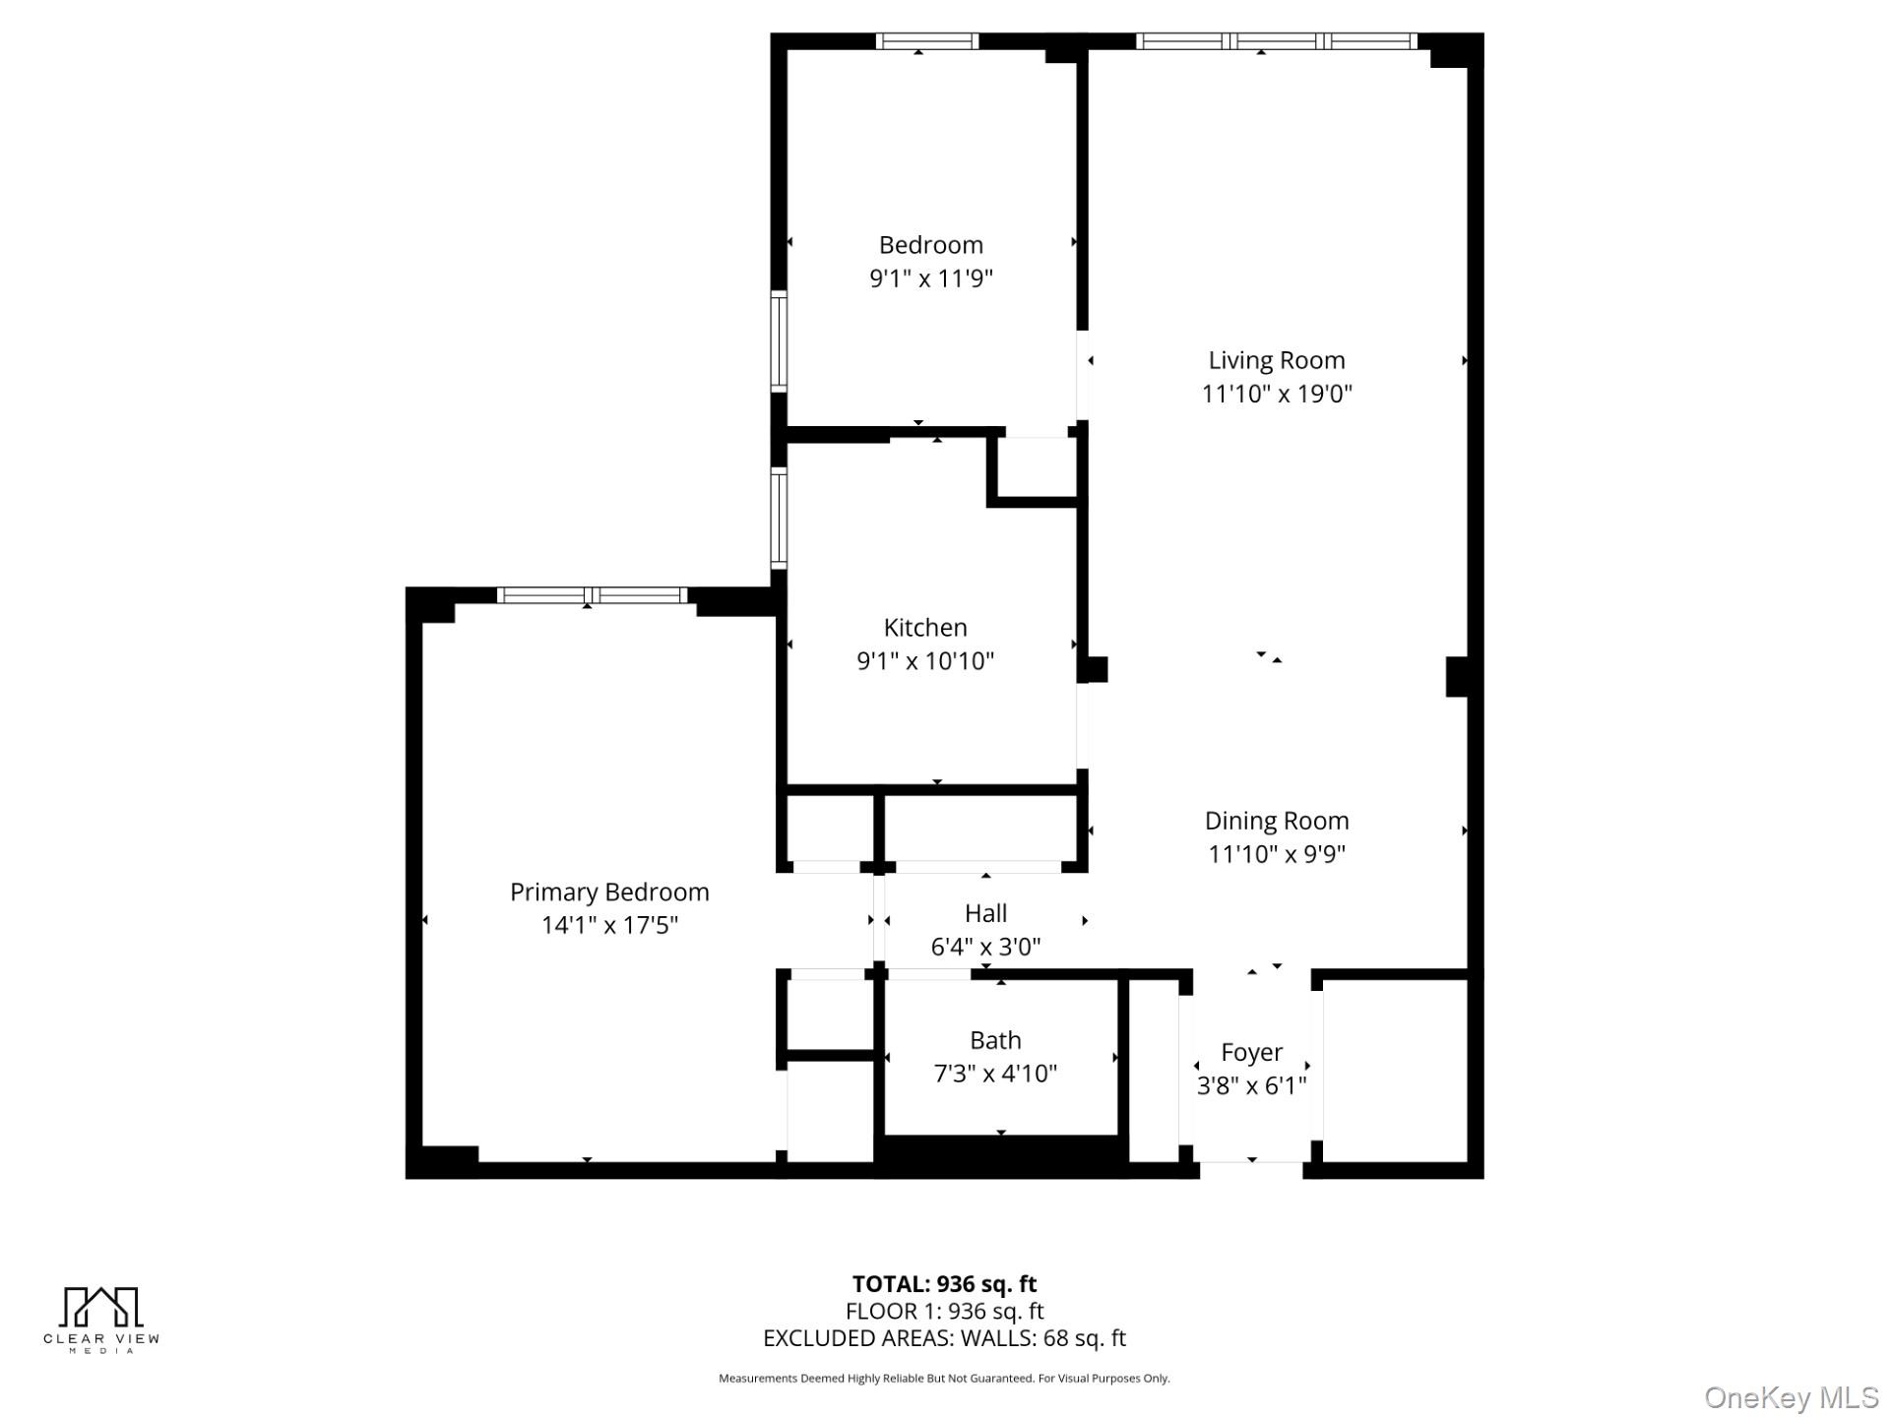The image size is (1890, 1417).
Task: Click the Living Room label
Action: (1276, 360)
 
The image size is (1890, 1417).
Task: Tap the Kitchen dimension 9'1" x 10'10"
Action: (925, 660)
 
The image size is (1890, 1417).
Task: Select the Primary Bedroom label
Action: (609, 892)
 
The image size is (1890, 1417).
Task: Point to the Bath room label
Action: (995, 1040)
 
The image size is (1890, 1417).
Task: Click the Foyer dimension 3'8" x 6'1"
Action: (1251, 1085)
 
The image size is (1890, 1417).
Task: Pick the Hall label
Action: (985, 913)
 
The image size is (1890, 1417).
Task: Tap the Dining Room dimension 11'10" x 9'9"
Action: (1277, 853)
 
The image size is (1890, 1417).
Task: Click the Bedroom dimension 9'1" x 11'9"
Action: (930, 278)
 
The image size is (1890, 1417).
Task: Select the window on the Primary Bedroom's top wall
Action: (592, 594)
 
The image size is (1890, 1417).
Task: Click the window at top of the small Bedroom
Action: (926, 41)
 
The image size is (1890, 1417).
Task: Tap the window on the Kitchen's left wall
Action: (779, 518)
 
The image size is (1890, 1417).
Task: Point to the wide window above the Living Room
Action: (1276, 41)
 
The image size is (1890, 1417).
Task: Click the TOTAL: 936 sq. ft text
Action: (944, 1283)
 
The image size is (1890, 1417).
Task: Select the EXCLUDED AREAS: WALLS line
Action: (944, 1338)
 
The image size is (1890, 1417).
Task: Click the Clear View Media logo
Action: (101, 1319)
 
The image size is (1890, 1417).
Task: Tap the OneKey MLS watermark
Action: (1791, 1396)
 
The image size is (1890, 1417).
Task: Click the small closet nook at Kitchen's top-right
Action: (1038, 468)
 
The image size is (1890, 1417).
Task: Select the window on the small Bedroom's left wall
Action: (779, 341)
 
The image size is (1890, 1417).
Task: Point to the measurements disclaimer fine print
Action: (944, 1379)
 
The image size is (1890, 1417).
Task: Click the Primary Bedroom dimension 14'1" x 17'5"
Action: (609, 925)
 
